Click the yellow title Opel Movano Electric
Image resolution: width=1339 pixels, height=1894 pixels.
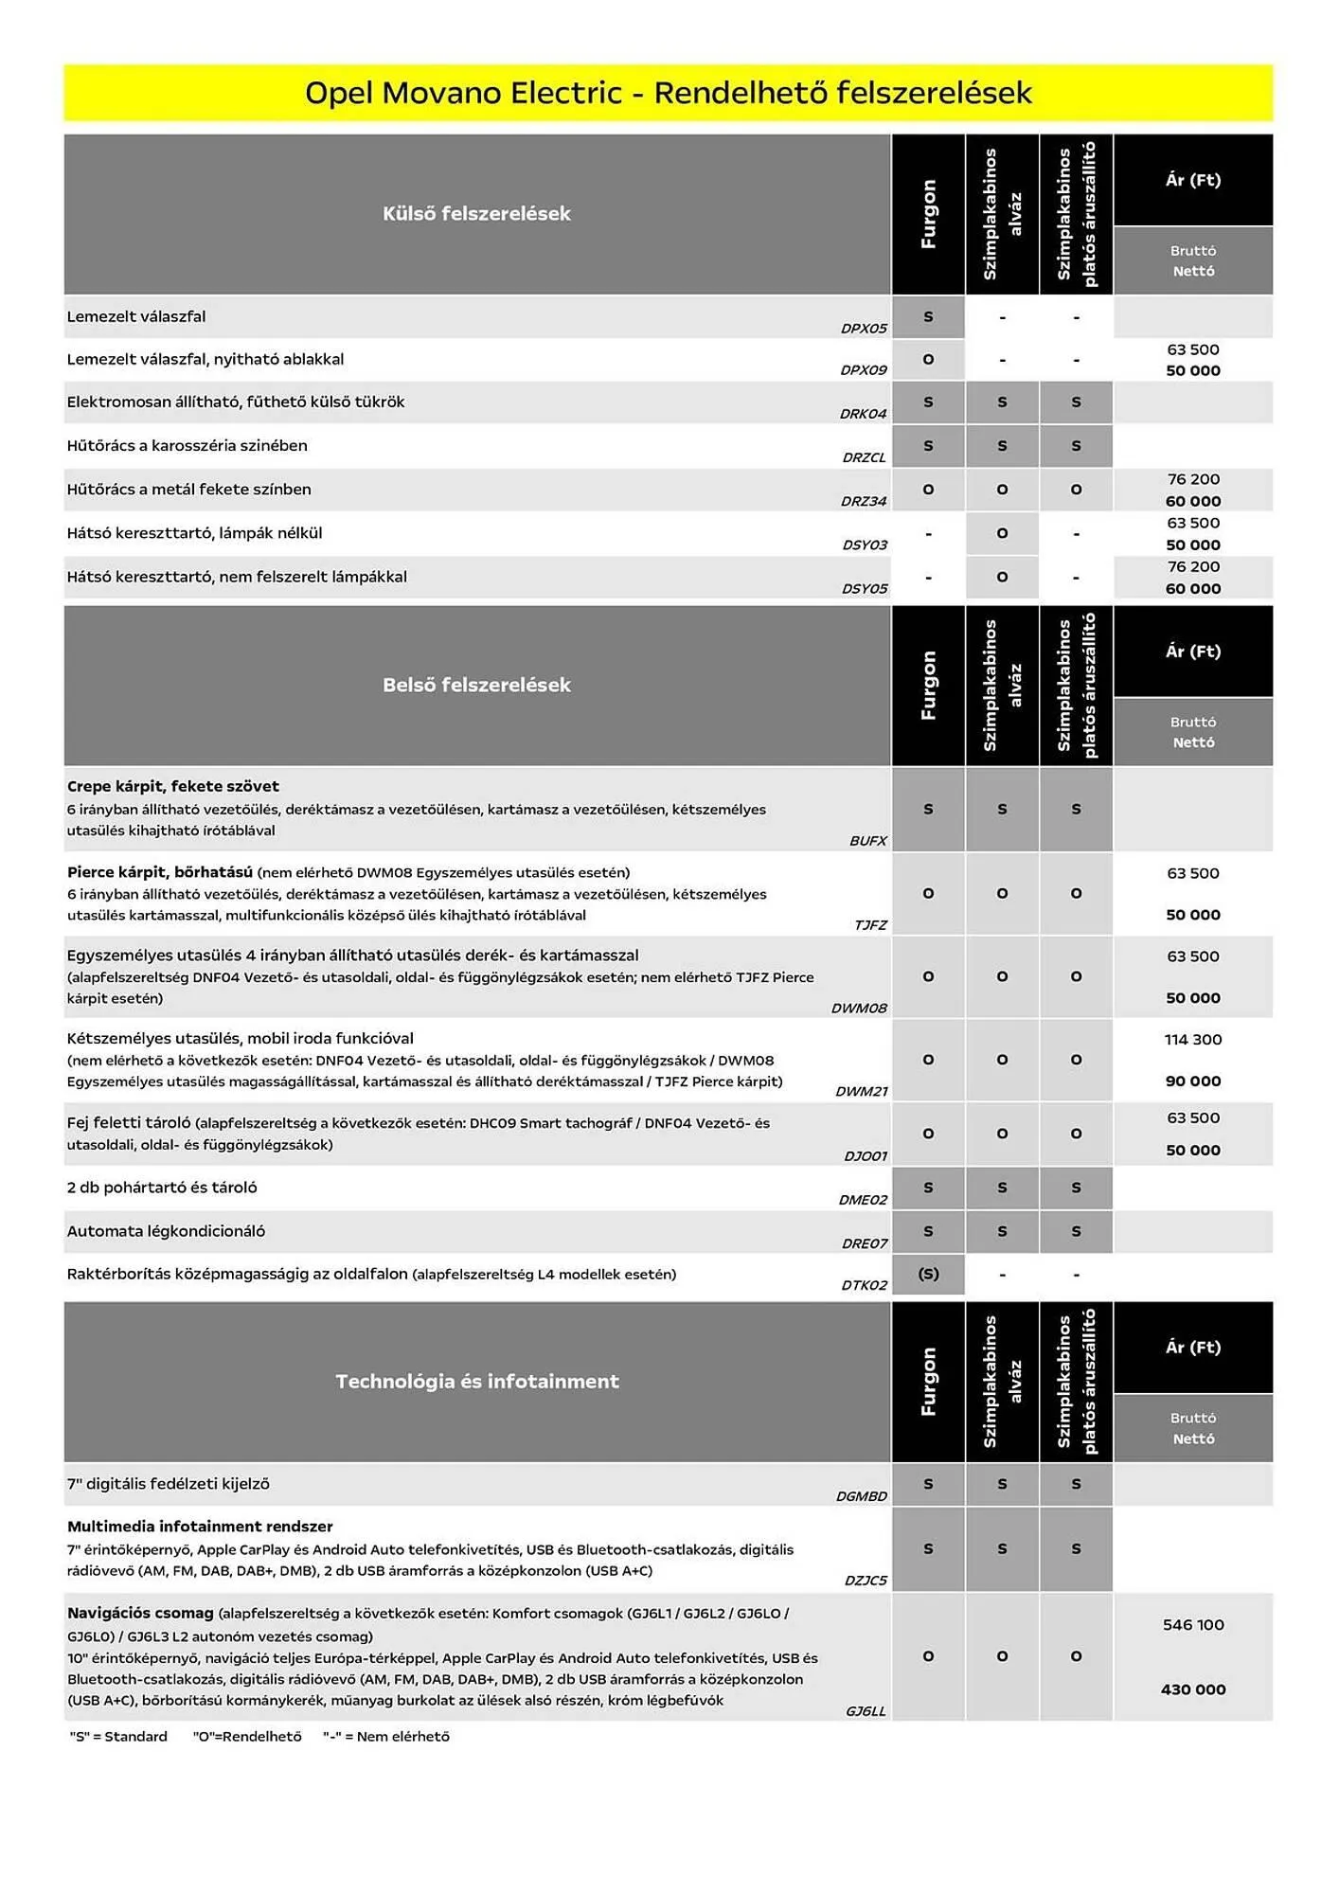[668, 93]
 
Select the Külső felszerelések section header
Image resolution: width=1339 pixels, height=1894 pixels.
[476, 214]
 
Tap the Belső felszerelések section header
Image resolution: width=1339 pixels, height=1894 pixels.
[476, 686]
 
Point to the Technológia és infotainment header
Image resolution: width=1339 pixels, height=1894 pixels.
[476, 1382]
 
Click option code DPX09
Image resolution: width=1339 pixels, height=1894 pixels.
[864, 370]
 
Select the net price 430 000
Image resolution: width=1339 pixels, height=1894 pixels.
[1192, 1689]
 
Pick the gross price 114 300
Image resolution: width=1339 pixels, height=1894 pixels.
[1192, 1040]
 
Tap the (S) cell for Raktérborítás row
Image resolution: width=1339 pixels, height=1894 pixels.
[928, 1275]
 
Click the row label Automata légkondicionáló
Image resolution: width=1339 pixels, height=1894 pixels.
[166, 1231]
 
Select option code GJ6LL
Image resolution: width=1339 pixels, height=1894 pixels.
[866, 1711]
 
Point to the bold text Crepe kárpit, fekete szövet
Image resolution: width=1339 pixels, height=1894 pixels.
[172, 786]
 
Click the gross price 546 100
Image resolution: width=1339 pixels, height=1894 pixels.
[1192, 1625]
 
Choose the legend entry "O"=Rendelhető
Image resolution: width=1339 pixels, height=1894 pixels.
[246, 1737]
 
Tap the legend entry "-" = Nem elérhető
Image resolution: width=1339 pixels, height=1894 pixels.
[385, 1737]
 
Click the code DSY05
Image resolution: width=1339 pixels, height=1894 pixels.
[865, 589]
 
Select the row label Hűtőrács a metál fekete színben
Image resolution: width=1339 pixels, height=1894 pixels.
[188, 490]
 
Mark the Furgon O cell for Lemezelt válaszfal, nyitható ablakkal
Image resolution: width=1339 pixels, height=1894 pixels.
[928, 360]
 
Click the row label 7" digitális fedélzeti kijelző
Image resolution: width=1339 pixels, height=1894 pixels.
[168, 1484]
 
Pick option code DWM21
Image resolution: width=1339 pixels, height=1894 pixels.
[861, 1092]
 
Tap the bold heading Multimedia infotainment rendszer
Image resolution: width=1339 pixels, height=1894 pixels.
[200, 1527]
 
